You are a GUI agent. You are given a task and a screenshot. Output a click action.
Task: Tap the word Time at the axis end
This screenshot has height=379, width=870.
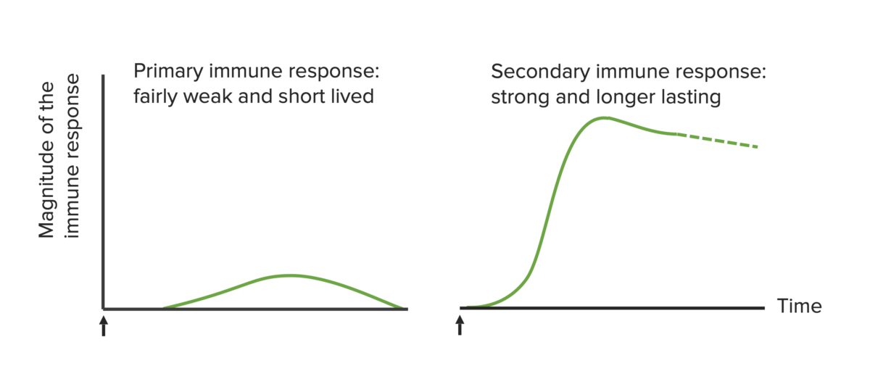coord(799,307)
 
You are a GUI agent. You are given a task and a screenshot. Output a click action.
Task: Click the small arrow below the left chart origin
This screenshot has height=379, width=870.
coord(103,325)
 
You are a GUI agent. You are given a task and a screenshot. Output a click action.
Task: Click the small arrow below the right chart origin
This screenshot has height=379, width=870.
coord(460,325)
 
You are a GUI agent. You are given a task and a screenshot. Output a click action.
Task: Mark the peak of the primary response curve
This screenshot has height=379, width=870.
coord(289,275)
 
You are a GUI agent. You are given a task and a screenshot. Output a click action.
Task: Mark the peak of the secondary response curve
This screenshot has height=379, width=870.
coord(603,117)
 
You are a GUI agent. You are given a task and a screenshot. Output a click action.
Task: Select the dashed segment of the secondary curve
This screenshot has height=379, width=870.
coord(718,141)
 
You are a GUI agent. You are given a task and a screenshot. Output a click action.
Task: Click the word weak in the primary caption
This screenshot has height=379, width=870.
coord(210,96)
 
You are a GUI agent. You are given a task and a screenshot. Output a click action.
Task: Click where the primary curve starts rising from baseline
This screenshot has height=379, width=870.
coord(164,307)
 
